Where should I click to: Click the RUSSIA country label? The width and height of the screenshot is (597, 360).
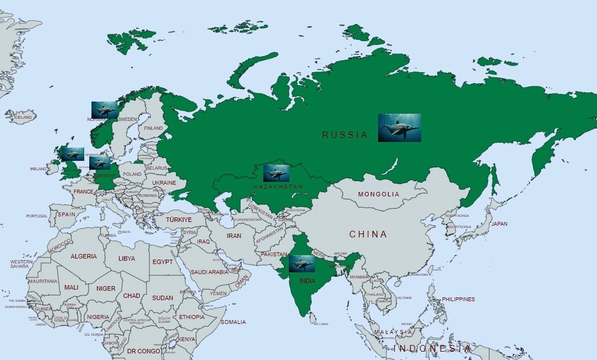[x=345, y=135]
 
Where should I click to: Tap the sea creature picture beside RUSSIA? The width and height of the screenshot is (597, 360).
[x=399, y=128]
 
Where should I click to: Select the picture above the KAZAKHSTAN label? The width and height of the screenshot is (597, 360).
[x=277, y=173]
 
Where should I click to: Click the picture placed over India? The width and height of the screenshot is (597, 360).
[x=302, y=263]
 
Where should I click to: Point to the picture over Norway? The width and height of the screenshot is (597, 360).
[x=104, y=109]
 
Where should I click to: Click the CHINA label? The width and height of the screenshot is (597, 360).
[x=368, y=235]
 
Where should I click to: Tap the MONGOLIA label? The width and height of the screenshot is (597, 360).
[x=379, y=195]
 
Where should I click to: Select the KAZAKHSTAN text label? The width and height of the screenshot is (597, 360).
[x=278, y=187]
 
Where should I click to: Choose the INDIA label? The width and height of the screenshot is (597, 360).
[x=307, y=281]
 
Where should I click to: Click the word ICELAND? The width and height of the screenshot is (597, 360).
[x=23, y=118]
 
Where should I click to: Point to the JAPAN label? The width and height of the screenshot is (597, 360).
[x=499, y=224]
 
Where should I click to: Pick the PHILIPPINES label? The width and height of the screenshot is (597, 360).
[x=458, y=300]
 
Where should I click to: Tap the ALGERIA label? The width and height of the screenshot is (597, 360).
[x=84, y=257]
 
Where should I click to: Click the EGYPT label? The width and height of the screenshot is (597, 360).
[x=162, y=262]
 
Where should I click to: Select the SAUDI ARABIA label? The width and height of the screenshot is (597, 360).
[x=209, y=272]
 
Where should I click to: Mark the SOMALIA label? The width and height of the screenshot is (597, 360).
[x=233, y=322]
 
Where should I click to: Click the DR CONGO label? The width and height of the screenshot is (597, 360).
[x=140, y=351]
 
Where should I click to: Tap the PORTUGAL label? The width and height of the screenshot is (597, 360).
[x=37, y=216]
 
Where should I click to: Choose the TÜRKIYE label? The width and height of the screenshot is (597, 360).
[x=179, y=220]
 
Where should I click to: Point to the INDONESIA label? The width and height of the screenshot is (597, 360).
[x=432, y=348]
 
